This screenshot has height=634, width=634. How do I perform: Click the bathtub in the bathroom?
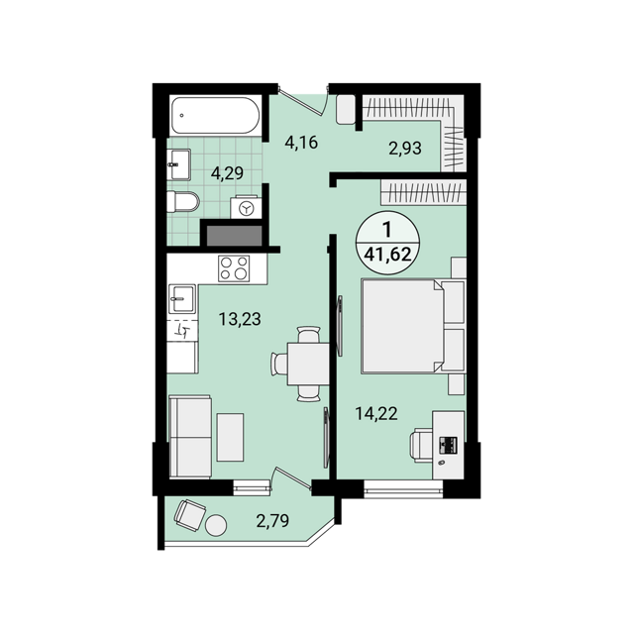pos(215,115)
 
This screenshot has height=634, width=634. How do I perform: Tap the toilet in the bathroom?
pos(183,201)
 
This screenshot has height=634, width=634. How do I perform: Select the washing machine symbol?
pos(246,208)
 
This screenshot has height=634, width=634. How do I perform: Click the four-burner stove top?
pos(234,268)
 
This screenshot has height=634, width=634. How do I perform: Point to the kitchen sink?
pos(182,299)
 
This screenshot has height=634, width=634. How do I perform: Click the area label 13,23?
pos(240,319)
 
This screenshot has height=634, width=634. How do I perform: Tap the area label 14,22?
pos(376,413)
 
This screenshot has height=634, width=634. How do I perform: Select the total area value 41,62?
pos(387,255)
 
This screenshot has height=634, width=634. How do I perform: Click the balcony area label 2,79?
pos(272,521)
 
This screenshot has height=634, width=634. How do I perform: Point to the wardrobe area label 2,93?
pos(405,149)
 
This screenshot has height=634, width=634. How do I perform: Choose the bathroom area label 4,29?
pos(227,173)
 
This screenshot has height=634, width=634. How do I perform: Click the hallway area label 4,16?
pos(301,143)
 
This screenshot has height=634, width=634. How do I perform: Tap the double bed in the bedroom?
pos(413,326)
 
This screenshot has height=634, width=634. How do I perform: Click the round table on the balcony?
pos(216,525)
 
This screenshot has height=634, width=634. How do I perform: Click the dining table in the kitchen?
pos(308,364)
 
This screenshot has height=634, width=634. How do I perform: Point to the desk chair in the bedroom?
pos(421,445)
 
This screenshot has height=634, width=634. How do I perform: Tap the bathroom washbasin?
pos(178,164)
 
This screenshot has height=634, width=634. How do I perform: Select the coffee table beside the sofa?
pos(230,437)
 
